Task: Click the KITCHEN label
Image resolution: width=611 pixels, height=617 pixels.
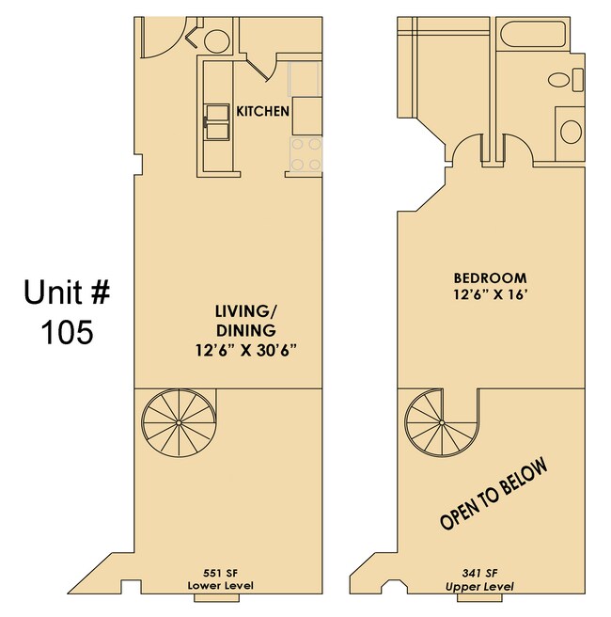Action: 262,111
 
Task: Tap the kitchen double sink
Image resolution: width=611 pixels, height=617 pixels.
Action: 216,120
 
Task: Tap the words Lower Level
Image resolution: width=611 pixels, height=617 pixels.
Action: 221,586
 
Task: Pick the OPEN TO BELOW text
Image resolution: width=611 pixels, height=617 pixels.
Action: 493,494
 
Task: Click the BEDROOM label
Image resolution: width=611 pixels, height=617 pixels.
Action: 490,278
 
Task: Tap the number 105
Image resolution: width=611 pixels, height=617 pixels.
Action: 66,332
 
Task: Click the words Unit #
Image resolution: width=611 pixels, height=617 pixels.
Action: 66,293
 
